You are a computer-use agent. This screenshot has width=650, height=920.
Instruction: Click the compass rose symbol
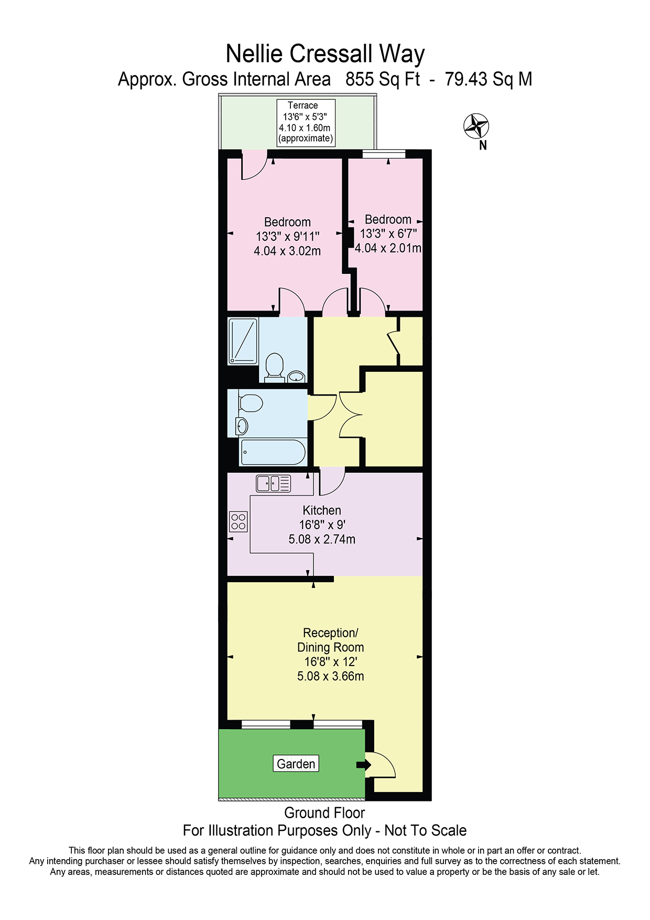476,126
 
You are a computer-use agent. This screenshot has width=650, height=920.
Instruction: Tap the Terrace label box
306,123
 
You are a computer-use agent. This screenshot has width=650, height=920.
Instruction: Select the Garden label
296,764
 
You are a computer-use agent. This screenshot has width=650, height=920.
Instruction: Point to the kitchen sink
273,483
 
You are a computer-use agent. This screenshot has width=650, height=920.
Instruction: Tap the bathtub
273,452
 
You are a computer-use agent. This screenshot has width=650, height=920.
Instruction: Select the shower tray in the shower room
243,341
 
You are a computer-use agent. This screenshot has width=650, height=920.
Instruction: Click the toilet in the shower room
274,367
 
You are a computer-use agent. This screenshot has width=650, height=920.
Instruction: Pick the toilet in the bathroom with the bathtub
251,403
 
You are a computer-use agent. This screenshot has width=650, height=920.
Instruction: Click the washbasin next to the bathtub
242,426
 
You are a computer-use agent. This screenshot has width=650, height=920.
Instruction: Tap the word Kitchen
322,510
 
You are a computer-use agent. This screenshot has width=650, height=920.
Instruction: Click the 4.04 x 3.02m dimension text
287,251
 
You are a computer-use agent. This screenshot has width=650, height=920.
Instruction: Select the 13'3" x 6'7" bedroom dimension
388,234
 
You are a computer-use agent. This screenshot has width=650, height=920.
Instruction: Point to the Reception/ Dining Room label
331,640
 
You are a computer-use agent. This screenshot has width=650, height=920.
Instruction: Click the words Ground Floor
324,813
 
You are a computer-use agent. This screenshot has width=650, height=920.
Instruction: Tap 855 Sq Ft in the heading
383,79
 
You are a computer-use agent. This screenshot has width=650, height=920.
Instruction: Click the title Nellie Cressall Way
325,54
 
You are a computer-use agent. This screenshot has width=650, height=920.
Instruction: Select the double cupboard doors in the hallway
351,414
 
